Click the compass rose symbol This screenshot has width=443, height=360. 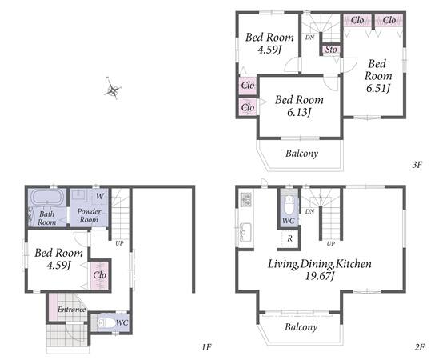(x=113, y=89)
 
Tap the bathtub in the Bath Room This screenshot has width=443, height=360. (x=47, y=197)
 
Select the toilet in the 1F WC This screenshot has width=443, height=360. (x=106, y=323)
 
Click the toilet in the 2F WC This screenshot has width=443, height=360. (x=289, y=206)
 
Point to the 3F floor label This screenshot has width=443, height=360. (x=417, y=165)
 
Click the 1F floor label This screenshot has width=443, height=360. (x=207, y=346)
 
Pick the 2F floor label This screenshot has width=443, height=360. (x=420, y=346)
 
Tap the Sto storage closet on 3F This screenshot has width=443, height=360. (x=331, y=50)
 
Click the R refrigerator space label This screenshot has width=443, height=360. (x=290, y=238)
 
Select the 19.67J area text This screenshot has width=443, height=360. (x=320, y=276)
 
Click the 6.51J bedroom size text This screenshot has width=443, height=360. (x=378, y=89)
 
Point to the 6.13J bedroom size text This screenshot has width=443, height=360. (x=299, y=113)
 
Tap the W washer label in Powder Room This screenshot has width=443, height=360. (x=100, y=196)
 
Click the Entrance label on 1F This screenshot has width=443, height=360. (x=71, y=310)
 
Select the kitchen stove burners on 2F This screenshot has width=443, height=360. (x=246, y=199)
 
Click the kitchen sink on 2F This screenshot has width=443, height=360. (x=245, y=231)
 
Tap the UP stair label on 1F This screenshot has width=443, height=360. (x=119, y=243)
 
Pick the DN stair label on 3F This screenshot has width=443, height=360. (x=309, y=38)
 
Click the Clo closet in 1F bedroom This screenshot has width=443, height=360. (x=99, y=275)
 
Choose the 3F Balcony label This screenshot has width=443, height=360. (x=301, y=154)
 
